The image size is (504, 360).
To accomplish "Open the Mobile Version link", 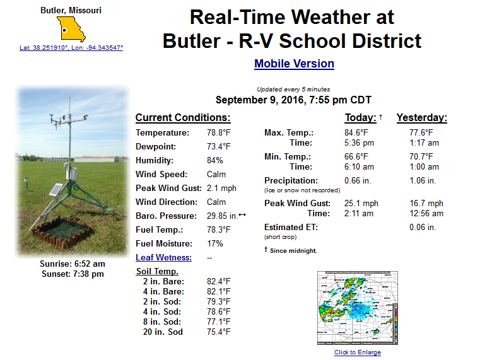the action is pyautogui.click(x=294, y=64).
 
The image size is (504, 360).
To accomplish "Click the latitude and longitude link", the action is pyautogui.click(x=71, y=47).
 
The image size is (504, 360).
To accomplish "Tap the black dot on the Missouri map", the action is pyautogui.click(x=64, y=30).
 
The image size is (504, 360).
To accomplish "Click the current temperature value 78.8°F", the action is pyautogui.click(x=219, y=132).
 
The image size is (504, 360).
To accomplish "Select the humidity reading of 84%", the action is pyautogui.click(x=214, y=160).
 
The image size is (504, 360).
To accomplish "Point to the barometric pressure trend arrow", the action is pyautogui.click(x=242, y=214).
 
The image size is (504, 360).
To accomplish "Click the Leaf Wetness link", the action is pyautogui.click(x=163, y=258).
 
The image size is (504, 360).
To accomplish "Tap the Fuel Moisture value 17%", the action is pyautogui.click(x=214, y=243).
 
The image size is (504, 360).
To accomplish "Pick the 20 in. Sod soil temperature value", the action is pyautogui.click(x=219, y=332).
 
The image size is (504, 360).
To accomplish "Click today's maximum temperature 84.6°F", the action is pyautogui.click(x=356, y=132).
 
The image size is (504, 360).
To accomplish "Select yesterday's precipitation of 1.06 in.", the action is pyautogui.click(x=423, y=180).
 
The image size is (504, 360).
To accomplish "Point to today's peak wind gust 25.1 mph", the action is pyautogui.click(x=361, y=203).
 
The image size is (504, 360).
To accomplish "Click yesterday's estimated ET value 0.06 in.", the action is pyautogui.click(x=423, y=228).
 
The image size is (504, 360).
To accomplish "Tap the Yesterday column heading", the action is pyautogui.click(x=422, y=117).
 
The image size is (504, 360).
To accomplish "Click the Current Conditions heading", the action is pyautogui.click(x=183, y=117).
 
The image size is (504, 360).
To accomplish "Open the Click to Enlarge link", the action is pyautogui.click(x=358, y=352).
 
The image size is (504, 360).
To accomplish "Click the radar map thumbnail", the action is pyautogui.click(x=358, y=308).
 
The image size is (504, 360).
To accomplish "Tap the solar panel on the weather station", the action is pyautogui.click(x=56, y=190).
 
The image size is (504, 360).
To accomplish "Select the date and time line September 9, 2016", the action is pyautogui.click(x=293, y=100).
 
